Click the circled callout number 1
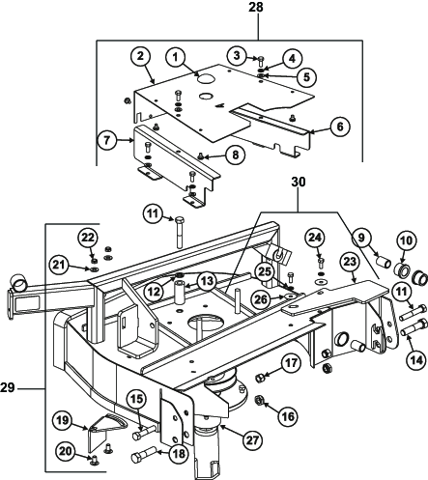click(x=175, y=58)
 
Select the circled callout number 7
click(x=107, y=140)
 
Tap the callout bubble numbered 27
click(x=252, y=440)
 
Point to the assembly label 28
click(x=256, y=7)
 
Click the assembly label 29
click(x=8, y=388)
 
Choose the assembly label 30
click(x=299, y=182)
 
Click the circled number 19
click(x=64, y=421)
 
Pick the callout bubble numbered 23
click(x=350, y=262)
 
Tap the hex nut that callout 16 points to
click(x=259, y=401)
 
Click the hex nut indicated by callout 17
click(x=260, y=377)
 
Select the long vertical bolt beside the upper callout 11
click(x=180, y=233)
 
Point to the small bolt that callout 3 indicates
click(x=261, y=61)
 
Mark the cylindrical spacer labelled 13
click(x=180, y=292)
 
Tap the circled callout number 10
click(x=407, y=240)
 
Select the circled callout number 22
click(x=88, y=239)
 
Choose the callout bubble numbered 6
click(x=340, y=127)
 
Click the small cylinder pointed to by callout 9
click(x=384, y=259)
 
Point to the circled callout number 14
click(x=416, y=360)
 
